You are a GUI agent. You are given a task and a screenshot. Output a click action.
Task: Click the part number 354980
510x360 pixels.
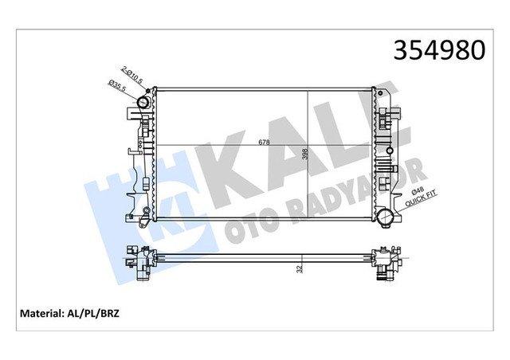pyautogui.click(x=439, y=50)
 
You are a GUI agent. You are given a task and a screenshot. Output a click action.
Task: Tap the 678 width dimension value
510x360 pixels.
pyautogui.click(x=264, y=142)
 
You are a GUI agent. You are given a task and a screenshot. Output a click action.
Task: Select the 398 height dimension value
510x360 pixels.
pyautogui.click(x=304, y=155)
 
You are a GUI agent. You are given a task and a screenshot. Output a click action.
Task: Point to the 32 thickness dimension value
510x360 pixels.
pyautogui.click(x=300, y=268)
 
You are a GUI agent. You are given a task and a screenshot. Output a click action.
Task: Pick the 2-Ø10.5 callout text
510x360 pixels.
pyautogui.click(x=131, y=75)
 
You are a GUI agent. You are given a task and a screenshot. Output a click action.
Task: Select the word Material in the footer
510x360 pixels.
pyautogui.click(x=41, y=314)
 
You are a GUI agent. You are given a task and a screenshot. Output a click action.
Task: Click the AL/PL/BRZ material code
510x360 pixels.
pyautogui.click(x=92, y=314)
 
